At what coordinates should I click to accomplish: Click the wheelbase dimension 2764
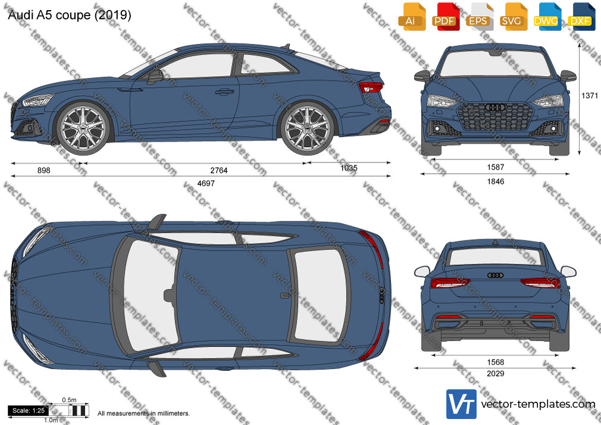(x=219, y=170)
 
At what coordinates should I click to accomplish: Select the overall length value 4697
(x=206, y=183)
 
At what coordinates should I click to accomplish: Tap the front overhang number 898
(x=43, y=170)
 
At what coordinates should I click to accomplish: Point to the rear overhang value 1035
(x=349, y=168)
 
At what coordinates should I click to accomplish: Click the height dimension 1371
(x=590, y=95)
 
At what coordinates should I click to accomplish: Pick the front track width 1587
(x=496, y=167)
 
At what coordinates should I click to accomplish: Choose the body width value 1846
(x=496, y=182)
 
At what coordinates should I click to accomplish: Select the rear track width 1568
(x=496, y=362)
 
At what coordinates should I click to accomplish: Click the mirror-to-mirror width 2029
(x=496, y=374)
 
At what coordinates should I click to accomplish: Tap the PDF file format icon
(x=445, y=17)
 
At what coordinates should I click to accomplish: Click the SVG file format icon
(x=512, y=17)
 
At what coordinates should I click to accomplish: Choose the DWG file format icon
(x=546, y=17)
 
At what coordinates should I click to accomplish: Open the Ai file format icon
(x=411, y=17)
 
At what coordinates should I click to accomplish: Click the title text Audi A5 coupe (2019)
(x=70, y=15)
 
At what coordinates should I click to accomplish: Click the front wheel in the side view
(x=83, y=127)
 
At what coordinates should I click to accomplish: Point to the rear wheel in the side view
(x=308, y=127)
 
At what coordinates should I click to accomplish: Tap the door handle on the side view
(x=224, y=92)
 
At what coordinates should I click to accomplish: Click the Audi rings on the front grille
(x=495, y=107)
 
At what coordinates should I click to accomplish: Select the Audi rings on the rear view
(x=495, y=275)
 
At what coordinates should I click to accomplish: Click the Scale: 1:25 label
(x=29, y=411)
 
